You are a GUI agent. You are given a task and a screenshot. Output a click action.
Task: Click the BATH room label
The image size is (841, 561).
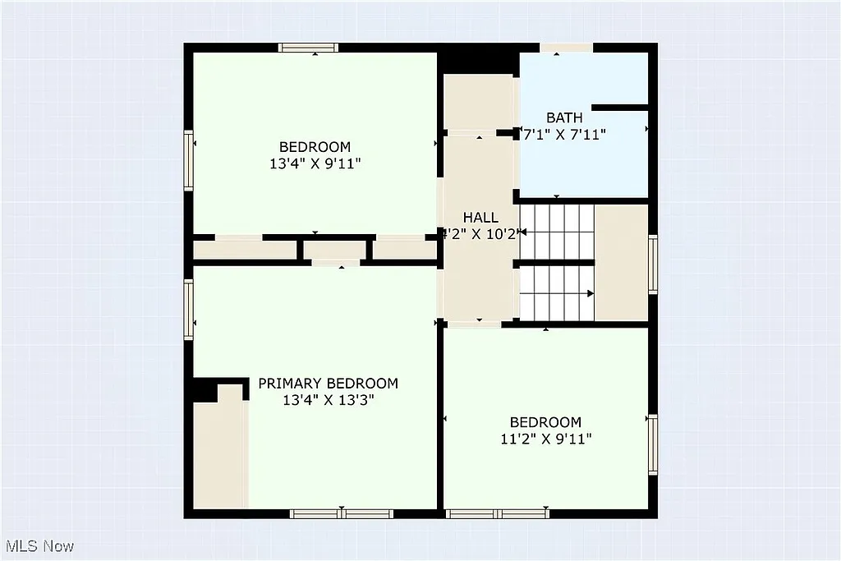tap(564, 118)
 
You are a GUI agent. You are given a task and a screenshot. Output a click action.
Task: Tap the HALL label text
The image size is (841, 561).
tap(480, 218)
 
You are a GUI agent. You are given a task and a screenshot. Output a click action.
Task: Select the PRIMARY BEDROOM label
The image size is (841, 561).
tap(328, 384)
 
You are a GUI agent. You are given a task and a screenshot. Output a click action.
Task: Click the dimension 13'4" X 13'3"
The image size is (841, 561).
tap(328, 401)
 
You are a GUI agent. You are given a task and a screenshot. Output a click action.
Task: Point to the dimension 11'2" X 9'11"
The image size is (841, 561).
tap(545, 439)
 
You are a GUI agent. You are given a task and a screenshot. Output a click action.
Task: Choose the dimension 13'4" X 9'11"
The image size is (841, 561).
tap(315, 163)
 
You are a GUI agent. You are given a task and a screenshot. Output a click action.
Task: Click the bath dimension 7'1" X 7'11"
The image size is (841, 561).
tap(565, 135)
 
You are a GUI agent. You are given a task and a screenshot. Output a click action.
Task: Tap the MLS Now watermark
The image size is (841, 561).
tap(39, 546)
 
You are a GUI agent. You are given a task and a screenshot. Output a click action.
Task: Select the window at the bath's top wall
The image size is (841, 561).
tap(566, 48)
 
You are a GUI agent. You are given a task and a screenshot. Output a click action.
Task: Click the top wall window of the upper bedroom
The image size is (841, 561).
tap(308, 48)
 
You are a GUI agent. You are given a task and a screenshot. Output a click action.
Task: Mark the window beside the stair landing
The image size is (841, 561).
tap(653, 264)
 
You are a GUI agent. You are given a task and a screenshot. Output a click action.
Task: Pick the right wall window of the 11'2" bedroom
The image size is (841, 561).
tap(653, 444)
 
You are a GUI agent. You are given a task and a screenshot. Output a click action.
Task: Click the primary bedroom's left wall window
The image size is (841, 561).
tap(189, 310)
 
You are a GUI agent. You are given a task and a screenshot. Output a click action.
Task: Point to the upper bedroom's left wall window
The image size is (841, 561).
tap(189, 160)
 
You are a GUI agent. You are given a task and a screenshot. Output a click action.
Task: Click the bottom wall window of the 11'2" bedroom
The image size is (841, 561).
tap(497, 513)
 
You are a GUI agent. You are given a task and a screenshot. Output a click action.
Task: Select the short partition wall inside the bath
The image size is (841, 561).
tap(620, 108)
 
